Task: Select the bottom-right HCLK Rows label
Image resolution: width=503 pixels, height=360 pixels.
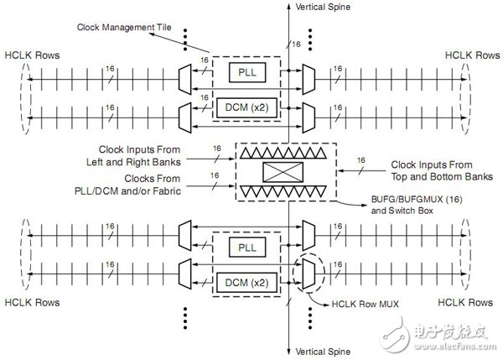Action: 470,300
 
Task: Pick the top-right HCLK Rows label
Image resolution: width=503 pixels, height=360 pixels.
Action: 470,55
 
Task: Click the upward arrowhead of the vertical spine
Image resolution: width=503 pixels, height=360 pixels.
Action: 288,7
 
